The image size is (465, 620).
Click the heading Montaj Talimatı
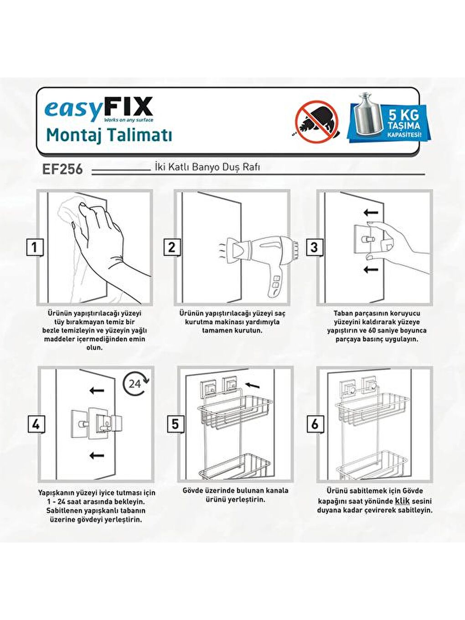click(109, 135)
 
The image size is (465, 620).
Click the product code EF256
click(62, 169)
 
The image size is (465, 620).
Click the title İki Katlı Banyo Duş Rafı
click(207, 167)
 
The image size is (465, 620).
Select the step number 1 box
click(34, 248)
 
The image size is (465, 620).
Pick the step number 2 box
click(171, 248)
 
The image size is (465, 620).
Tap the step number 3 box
click(314, 248)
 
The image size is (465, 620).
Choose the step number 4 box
click(36, 424)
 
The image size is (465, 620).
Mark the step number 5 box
click(175, 424)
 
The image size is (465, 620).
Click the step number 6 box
click(315, 424)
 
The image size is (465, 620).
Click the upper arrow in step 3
click(371, 212)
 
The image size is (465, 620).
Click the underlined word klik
click(402, 501)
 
